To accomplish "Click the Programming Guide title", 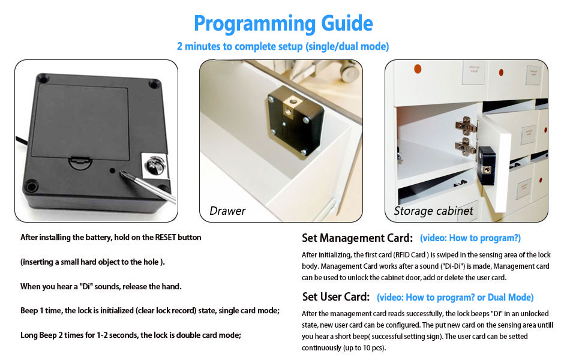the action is tap(283, 24).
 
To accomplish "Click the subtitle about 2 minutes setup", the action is tap(283, 46).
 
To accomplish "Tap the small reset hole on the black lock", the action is tap(112, 171).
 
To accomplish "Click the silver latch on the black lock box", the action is tap(155, 166).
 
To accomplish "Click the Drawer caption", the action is tap(227, 211).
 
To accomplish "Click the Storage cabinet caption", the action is tap(433, 211).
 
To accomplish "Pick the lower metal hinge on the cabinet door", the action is tap(466, 146).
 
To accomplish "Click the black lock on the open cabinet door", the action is tap(487, 166).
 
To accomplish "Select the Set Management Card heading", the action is tap(357, 238).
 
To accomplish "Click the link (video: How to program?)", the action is tap(470, 238).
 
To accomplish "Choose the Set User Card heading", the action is tap(336, 297).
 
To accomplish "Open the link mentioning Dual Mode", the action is tap(455, 297).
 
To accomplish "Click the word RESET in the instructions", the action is tap(166, 238).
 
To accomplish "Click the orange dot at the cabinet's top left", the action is tap(418, 69).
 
